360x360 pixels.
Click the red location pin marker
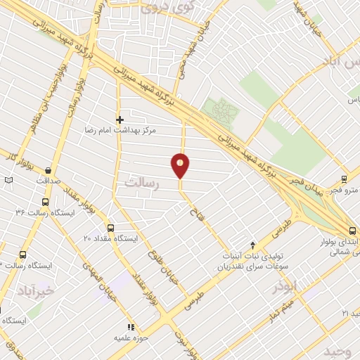pos(181,166)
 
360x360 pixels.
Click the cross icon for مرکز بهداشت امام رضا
pos(120,120)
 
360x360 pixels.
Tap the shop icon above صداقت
pos(48,170)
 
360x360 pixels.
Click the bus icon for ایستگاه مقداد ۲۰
pos(110,228)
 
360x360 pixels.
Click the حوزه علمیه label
pos(130,338)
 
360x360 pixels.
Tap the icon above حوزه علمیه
pos(130,327)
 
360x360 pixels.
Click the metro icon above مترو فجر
pos(344,179)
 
